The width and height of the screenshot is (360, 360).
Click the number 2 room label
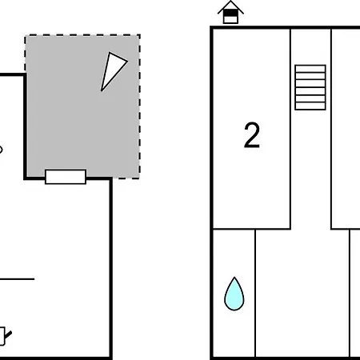click(x=252, y=135)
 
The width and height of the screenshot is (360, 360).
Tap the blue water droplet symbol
click(x=234, y=294)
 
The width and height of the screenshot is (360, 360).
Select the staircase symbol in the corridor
click(x=310, y=87)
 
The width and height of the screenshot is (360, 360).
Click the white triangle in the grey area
click(x=112, y=70)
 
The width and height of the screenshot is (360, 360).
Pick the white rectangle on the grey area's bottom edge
click(x=66, y=177)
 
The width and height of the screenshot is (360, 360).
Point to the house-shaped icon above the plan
click(x=230, y=12)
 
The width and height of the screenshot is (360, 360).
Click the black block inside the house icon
click(x=230, y=13)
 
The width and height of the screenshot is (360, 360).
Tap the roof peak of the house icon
click(x=230, y=2)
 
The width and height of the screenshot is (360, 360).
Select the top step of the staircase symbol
click(x=310, y=69)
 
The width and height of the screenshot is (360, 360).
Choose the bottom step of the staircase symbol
click(x=310, y=106)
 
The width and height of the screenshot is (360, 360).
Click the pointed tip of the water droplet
click(x=234, y=278)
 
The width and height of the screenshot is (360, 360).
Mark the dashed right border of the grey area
click(x=139, y=106)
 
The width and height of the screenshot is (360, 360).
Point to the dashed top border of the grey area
click(x=82, y=35)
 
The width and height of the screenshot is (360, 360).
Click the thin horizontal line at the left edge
click(x=17, y=279)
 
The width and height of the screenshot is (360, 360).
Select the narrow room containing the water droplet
click(x=234, y=294)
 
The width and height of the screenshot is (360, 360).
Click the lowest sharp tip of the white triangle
click(x=102, y=90)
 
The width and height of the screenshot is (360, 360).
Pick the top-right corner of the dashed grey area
click(x=139, y=35)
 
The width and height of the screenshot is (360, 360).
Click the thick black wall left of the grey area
click(x=26, y=126)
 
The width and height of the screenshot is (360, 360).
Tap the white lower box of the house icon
click(x=230, y=19)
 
